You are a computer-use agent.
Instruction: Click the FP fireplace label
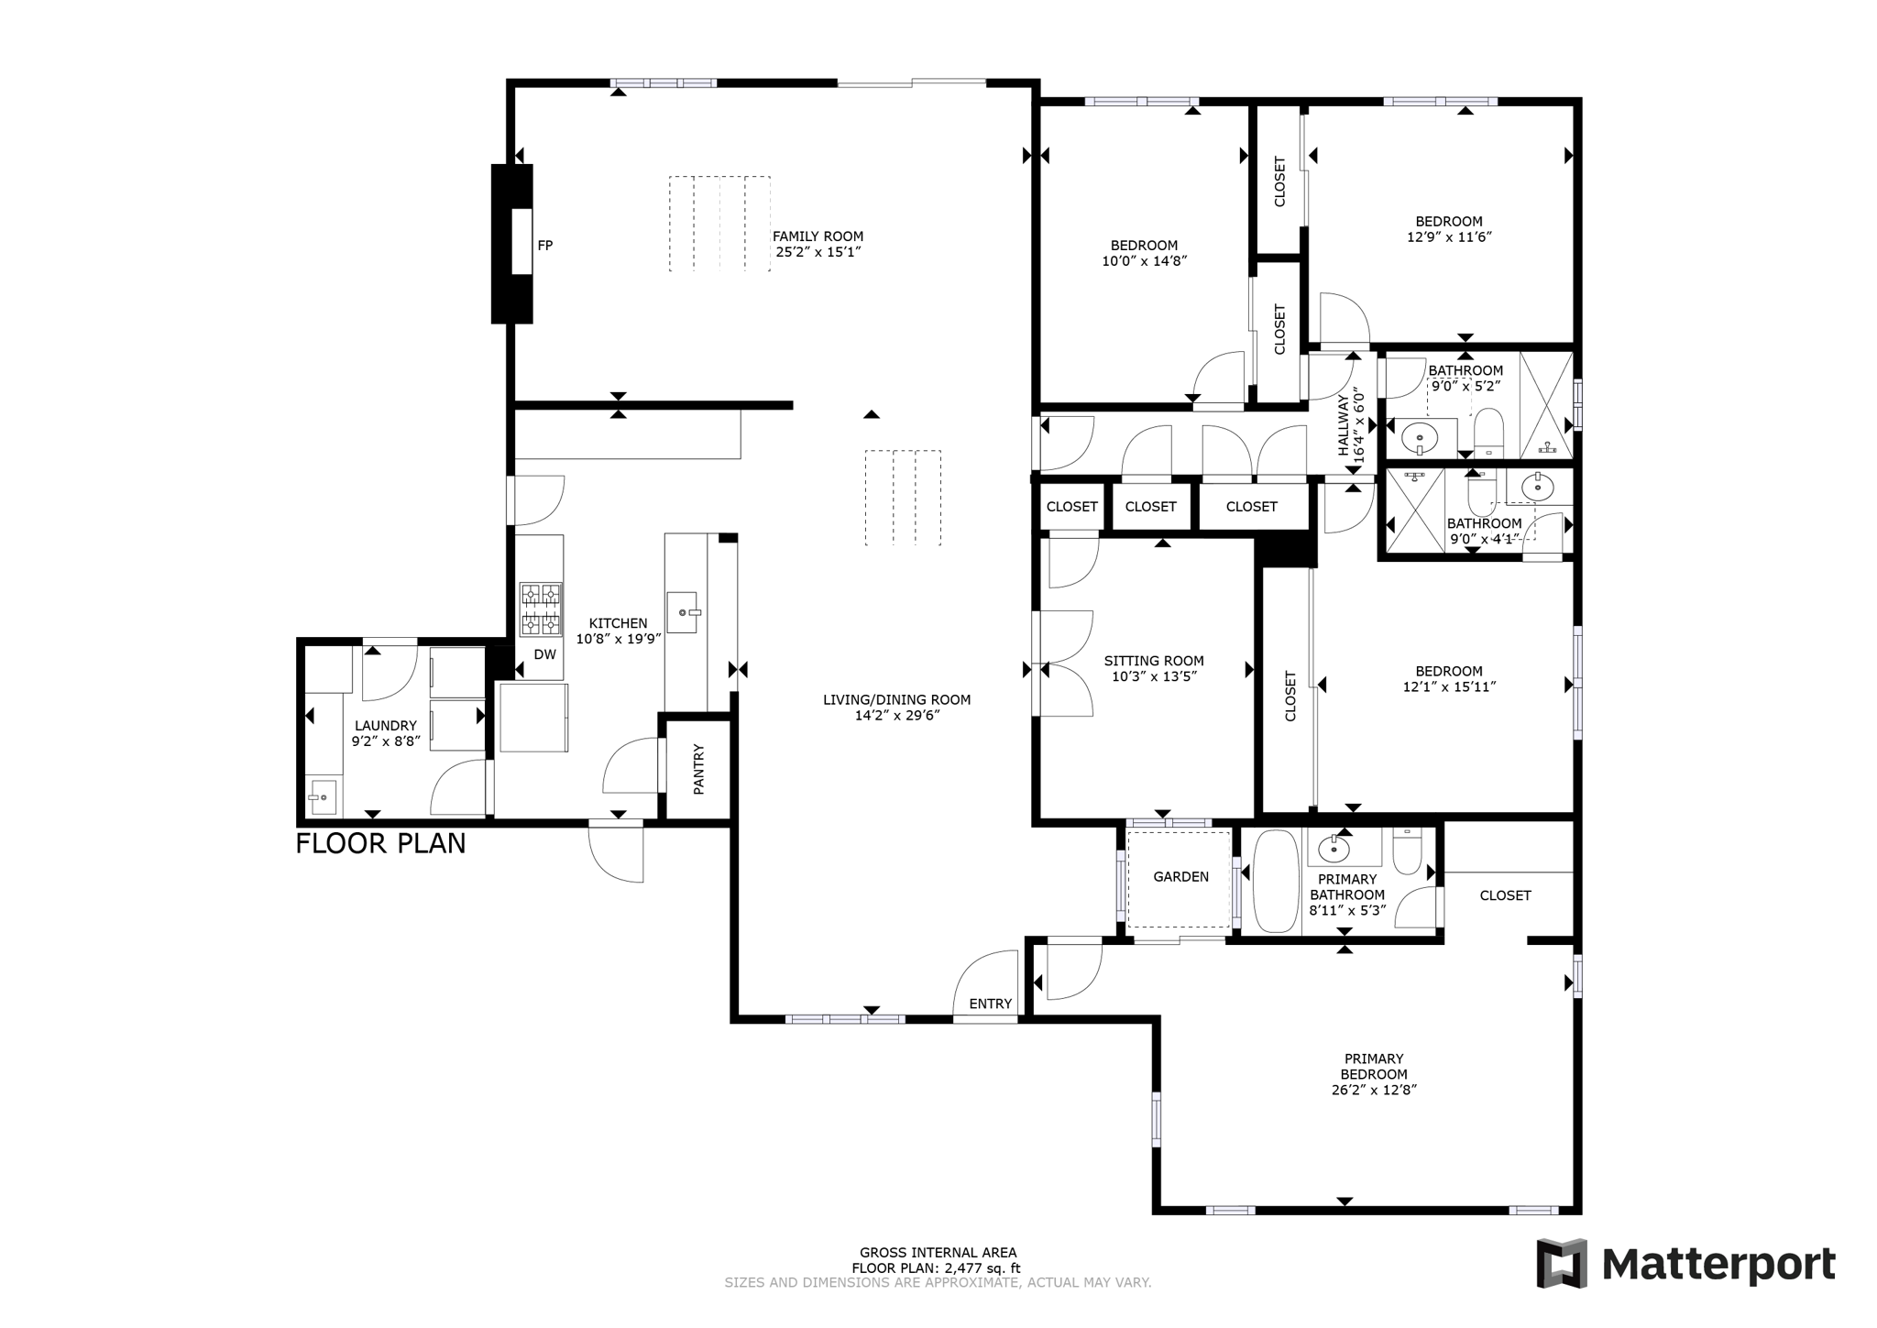click(545, 246)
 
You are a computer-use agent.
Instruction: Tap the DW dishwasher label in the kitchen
click(545, 654)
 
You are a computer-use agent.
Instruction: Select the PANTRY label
click(698, 769)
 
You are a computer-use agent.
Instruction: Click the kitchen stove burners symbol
click(541, 609)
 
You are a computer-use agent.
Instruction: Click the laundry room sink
click(322, 797)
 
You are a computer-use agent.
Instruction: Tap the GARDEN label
click(1180, 877)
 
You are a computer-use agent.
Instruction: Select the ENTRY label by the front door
click(991, 1004)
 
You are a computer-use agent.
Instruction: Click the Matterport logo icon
click(1562, 1264)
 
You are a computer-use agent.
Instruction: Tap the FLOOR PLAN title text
click(380, 843)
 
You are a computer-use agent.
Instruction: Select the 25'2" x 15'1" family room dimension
click(818, 251)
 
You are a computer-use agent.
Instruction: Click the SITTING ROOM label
click(1154, 661)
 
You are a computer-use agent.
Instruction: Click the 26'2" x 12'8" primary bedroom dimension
click(1374, 1091)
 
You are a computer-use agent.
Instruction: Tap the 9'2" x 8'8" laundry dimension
click(386, 741)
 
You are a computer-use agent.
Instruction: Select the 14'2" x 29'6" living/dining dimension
click(897, 716)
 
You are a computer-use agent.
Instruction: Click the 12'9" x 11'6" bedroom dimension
click(1450, 236)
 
